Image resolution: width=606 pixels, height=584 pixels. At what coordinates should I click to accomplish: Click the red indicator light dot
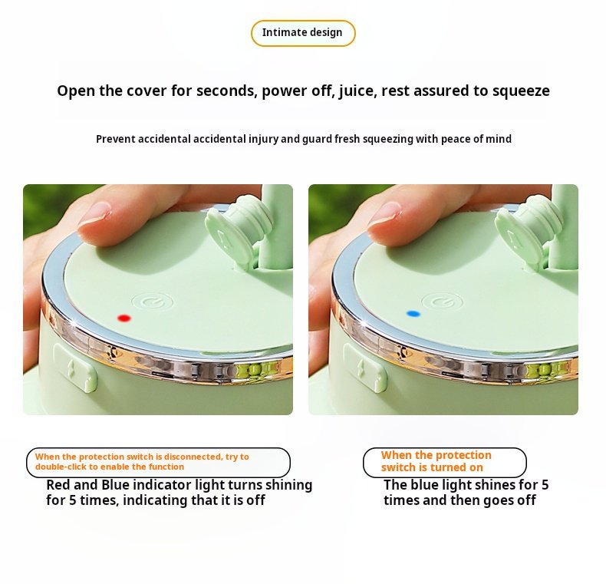tap(124, 318)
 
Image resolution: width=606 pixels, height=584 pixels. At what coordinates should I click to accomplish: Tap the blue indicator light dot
tap(413, 314)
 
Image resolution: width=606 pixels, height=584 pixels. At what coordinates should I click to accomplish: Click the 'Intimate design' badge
tap(302, 33)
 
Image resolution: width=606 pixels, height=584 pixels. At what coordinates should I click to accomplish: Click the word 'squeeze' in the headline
tap(521, 91)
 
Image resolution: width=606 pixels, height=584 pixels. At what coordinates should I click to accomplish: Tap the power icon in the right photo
tap(442, 302)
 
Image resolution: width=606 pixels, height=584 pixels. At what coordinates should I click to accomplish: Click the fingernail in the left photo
tap(96, 213)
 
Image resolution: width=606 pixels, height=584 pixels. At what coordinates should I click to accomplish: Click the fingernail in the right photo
tap(385, 213)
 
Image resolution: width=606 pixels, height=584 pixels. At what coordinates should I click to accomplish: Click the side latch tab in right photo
tap(365, 368)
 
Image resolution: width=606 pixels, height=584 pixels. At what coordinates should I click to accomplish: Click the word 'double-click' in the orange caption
tap(61, 467)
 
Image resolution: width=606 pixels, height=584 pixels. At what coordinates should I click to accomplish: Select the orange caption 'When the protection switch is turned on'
tap(436, 461)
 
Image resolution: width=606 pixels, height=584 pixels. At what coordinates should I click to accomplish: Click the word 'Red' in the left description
tap(58, 485)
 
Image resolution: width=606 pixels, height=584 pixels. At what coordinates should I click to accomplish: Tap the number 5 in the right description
tap(545, 485)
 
